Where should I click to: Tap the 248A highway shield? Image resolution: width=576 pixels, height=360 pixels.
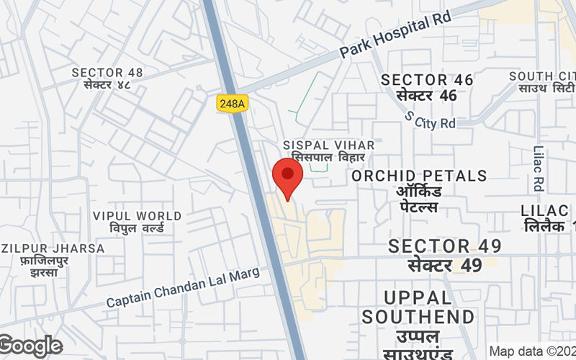(231, 104)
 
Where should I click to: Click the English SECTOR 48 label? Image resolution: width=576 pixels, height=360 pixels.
(107, 73)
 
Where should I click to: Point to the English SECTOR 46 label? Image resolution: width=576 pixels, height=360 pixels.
(427, 80)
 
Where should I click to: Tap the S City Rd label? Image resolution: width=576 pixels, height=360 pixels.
(431, 120)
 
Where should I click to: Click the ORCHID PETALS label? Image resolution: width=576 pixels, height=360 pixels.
(419, 176)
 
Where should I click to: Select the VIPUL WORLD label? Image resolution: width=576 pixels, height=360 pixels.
(137, 216)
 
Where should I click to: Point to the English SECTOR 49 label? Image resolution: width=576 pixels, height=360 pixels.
(445, 246)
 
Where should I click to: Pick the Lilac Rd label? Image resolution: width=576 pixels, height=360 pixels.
(539, 170)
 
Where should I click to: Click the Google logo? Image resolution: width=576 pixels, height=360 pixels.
(30, 346)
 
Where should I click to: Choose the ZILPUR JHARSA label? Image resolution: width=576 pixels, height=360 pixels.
(52, 248)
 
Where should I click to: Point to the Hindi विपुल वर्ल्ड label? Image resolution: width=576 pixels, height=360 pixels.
(137, 228)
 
